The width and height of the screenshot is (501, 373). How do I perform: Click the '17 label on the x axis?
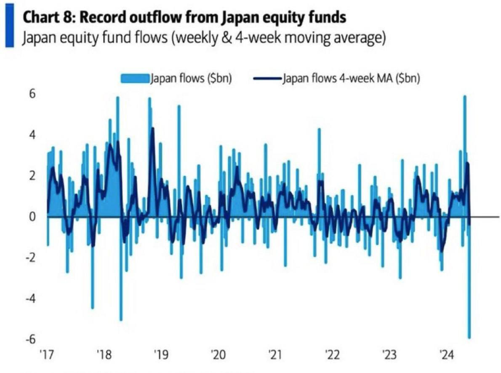tap(47, 356)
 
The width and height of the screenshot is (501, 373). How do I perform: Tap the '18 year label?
tap(104, 356)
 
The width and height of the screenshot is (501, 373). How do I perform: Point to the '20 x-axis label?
tap(218, 356)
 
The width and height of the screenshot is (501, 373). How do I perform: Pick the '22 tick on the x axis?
tap(332, 356)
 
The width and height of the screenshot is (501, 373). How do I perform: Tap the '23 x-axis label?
tap(389, 356)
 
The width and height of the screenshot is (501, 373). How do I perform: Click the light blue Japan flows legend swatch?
tap(135, 79)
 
